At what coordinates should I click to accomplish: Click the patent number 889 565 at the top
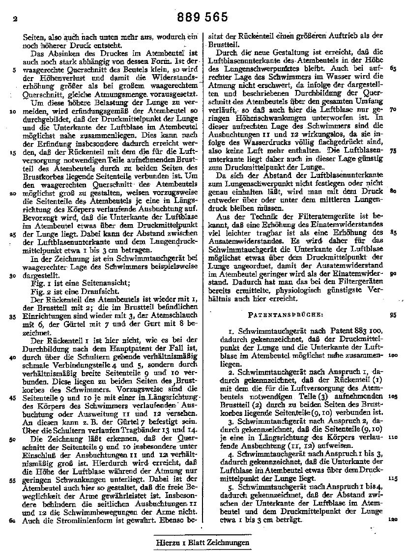[202, 18]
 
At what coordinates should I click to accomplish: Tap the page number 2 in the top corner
[15, 20]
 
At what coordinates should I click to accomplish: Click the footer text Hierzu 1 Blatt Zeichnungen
[202, 543]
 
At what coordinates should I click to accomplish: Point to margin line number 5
[14, 69]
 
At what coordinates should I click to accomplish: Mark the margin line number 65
[392, 68]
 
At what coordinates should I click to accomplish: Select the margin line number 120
[392, 520]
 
